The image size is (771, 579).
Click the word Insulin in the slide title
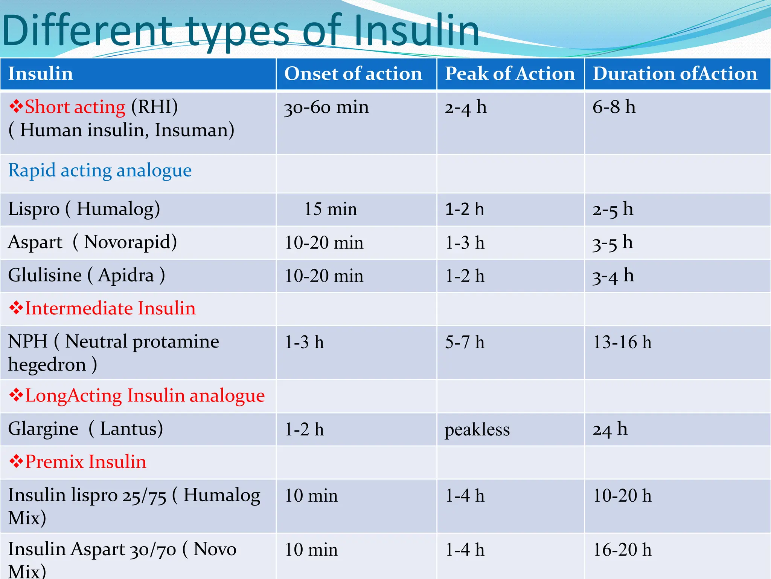tap(416, 30)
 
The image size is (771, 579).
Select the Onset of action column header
tap(353, 74)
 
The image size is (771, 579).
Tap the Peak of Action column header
tap(510, 74)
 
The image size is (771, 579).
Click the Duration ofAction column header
tap(675, 74)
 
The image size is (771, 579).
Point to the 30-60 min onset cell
tap(326, 107)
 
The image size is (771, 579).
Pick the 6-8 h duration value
tap(614, 107)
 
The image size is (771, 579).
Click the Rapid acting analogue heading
tap(100, 170)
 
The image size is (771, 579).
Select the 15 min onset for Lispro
tap(330, 209)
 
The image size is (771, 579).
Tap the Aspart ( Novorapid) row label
tap(92, 242)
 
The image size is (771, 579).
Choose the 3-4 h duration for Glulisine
tap(613, 276)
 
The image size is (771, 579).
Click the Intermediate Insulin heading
tap(110, 308)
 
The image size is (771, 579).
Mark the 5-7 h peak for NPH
tap(465, 342)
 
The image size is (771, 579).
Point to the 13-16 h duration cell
tap(622, 342)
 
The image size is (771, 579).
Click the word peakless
tap(477, 430)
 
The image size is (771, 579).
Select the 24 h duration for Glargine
tap(610, 429)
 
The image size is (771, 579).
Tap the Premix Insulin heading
tap(85, 462)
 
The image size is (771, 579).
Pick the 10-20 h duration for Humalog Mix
tap(622, 496)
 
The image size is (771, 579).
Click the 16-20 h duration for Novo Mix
tap(622, 550)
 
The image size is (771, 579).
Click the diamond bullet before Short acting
tap(16, 107)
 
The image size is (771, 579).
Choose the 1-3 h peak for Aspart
tap(465, 243)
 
